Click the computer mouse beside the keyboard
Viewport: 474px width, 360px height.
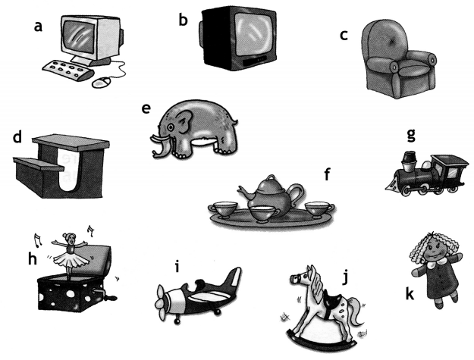pyautogui.click(x=102, y=82)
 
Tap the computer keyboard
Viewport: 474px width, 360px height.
pyautogui.click(x=67, y=70)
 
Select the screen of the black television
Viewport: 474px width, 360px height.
pyautogui.click(x=253, y=34)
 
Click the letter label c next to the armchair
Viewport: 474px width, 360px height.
pyautogui.click(x=344, y=35)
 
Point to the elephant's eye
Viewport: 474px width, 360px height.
pyautogui.click(x=171, y=126)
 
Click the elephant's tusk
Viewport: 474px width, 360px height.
pyautogui.click(x=159, y=139)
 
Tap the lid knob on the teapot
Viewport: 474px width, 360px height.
pyautogui.click(x=272, y=177)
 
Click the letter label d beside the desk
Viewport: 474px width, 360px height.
pyautogui.click(x=17, y=137)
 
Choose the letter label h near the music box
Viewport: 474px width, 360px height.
pyautogui.click(x=33, y=259)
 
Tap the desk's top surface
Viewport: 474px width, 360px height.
pyautogui.click(x=71, y=142)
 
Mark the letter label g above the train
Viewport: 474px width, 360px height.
pyautogui.click(x=411, y=135)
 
